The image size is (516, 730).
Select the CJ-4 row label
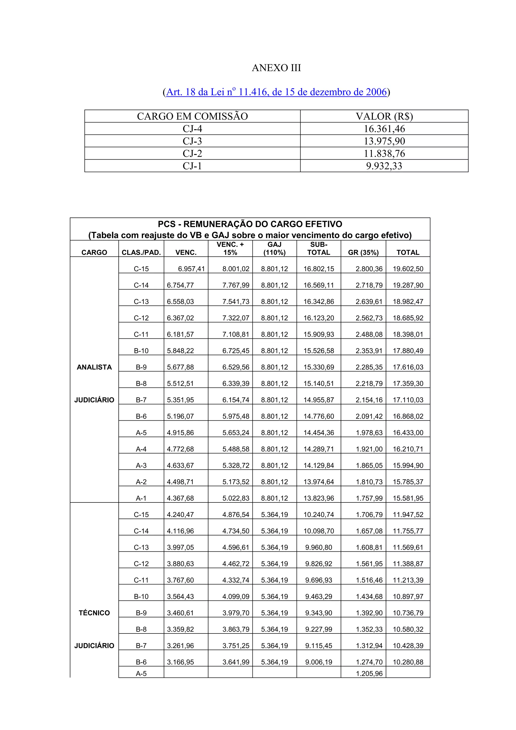(x=192, y=129)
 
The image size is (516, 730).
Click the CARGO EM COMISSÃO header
(x=192, y=116)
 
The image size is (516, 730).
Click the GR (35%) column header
(x=363, y=252)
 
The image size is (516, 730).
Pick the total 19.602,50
(x=408, y=269)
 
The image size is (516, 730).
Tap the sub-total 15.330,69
(x=318, y=367)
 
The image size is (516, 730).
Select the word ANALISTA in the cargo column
(x=94, y=367)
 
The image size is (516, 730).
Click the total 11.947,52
(x=408, y=515)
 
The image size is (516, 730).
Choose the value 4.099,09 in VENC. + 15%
(x=236, y=597)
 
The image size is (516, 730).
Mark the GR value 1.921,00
(x=369, y=449)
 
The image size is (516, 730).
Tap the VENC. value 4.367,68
(x=180, y=498)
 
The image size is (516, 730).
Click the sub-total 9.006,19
(x=318, y=662)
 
